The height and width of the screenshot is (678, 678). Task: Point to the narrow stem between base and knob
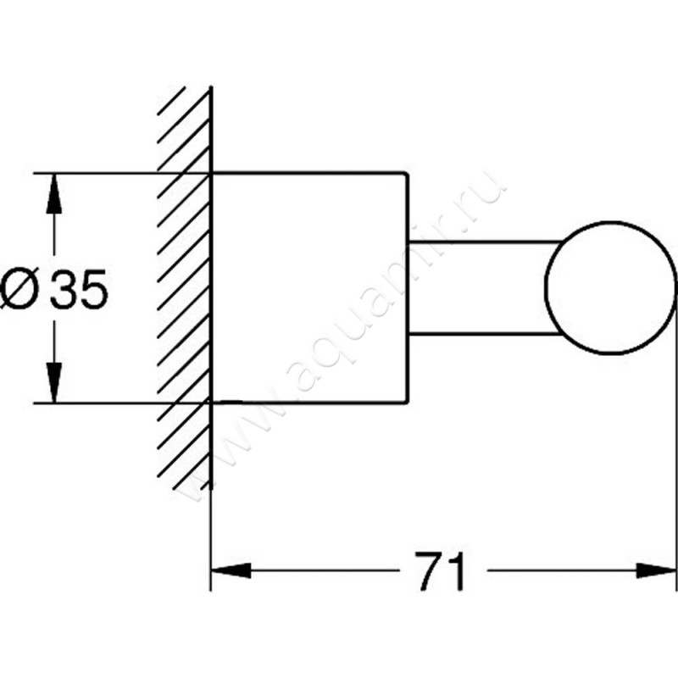[479, 288]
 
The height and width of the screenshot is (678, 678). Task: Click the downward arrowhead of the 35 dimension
[53, 384]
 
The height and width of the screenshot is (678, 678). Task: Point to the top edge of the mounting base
[309, 174]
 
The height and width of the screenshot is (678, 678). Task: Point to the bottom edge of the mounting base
[309, 400]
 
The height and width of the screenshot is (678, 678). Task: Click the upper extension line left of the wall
[102, 174]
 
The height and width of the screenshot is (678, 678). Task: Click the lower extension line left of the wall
[102, 402]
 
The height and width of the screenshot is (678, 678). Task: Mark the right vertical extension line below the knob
[676, 466]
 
